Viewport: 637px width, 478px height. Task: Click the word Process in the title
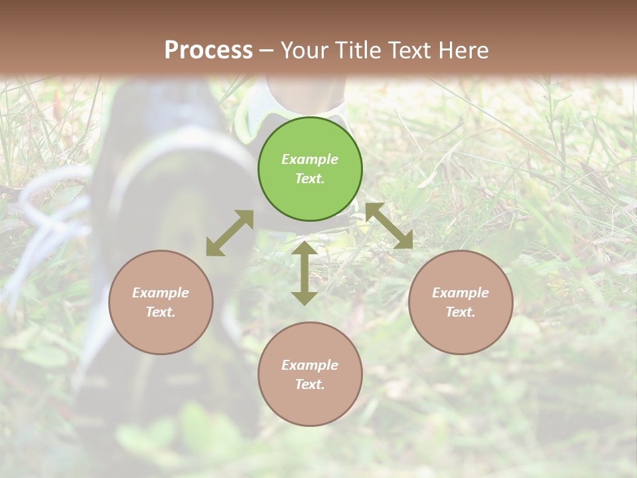pyautogui.click(x=208, y=50)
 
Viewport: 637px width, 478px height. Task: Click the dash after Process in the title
pyautogui.click(x=267, y=50)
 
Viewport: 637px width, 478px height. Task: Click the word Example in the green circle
pyautogui.click(x=310, y=159)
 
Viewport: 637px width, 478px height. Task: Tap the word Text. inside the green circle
pyautogui.click(x=310, y=179)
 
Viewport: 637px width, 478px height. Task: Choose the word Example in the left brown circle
pyautogui.click(x=161, y=293)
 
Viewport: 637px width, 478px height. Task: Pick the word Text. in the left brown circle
pyautogui.click(x=161, y=312)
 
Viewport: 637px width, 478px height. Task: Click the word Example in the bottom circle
pyautogui.click(x=310, y=365)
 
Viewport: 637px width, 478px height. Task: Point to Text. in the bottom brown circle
pyautogui.click(x=310, y=384)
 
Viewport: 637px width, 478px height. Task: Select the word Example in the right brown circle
pyautogui.click(x=460, y=293)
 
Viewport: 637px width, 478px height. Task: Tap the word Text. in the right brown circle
pyautogui.click(x=460, y=312)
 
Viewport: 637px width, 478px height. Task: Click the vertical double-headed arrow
pyautogui.click(x=305, y=273)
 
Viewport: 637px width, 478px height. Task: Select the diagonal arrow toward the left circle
pyautogui.click(x=230, y=233)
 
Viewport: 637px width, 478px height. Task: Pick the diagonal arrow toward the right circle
pyautogui.click(x=389, y=226)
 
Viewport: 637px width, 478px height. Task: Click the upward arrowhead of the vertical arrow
pyautogui.click(x=305, y=248)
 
